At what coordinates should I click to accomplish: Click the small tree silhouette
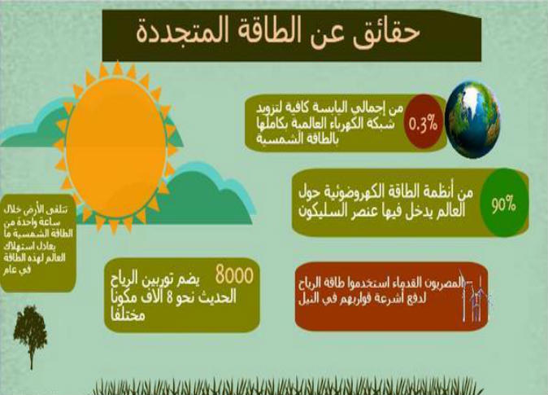30,331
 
